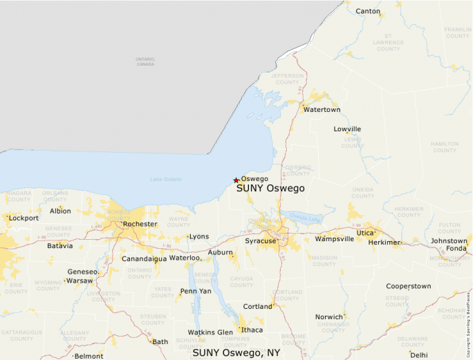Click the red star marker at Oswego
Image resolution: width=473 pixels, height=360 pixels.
point(236,180)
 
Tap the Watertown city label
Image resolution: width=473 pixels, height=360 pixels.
point(322,110)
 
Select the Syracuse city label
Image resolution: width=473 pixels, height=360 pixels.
point(261,241)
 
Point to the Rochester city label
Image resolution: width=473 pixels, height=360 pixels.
point(140,225)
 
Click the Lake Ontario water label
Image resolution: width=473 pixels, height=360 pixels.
point(166,180)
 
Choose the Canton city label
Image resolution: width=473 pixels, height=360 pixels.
point(368,11)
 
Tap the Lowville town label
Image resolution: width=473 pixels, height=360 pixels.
point(347,129)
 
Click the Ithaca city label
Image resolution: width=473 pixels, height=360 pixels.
point(252,330)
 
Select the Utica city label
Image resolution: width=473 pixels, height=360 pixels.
point(365,234)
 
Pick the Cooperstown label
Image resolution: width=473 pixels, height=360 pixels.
point(408,286)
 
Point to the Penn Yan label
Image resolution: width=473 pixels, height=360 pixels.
point(196,291)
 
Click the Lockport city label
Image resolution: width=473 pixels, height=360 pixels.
point(24,218)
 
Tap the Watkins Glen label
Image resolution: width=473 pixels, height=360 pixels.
point(210,332)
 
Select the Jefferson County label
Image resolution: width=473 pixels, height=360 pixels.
point(288,79)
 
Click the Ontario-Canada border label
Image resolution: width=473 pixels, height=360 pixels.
point(145,61)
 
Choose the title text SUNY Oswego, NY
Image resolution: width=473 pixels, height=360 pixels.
point(236,352)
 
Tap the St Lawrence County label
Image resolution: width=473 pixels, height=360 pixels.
point(388,42)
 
